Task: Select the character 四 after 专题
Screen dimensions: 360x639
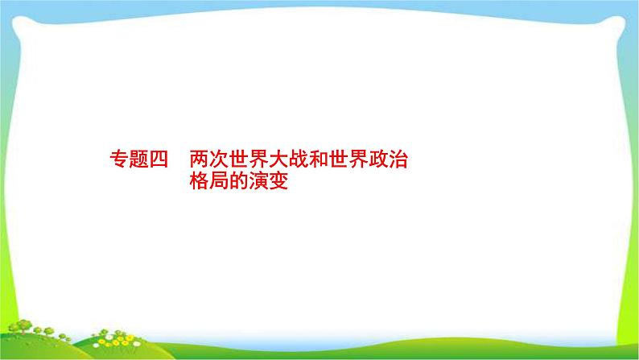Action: coord(157,159)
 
